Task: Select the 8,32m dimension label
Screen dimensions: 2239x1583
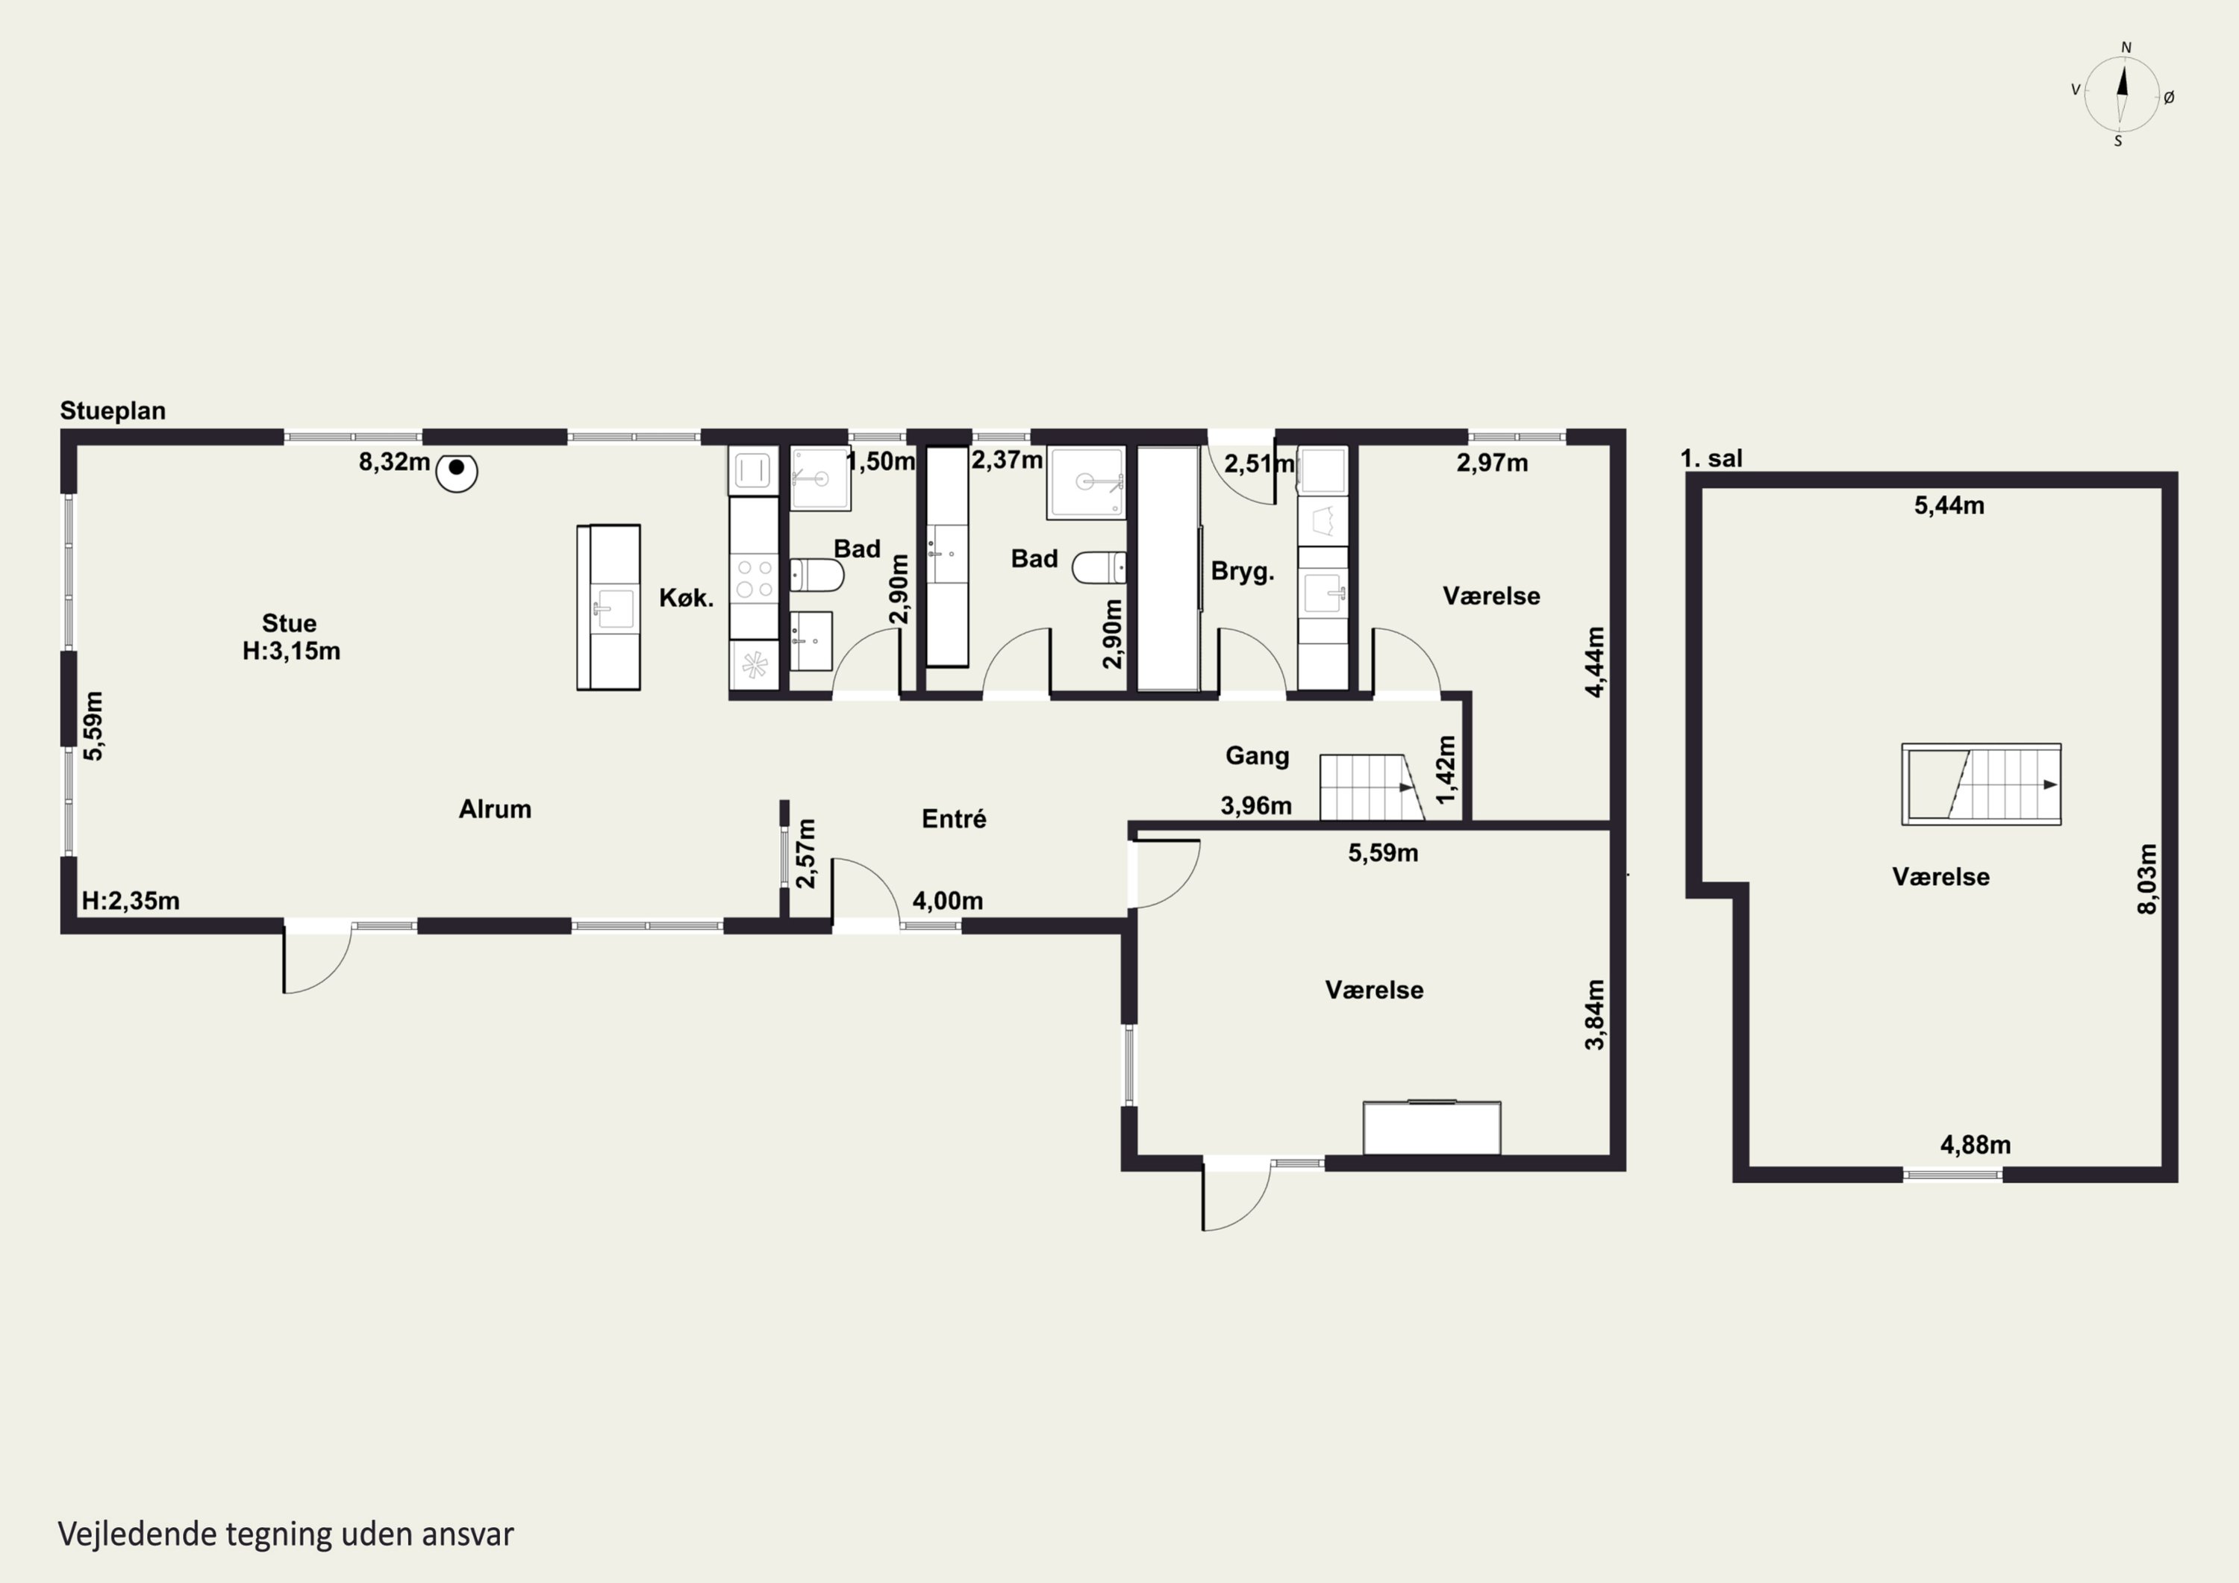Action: pos(394,462)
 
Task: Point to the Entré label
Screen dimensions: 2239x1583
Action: pos(954,819)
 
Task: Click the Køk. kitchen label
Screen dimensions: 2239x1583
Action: pos(687,598)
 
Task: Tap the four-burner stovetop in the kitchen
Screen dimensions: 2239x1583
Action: pos(754,578)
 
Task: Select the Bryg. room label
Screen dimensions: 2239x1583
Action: pos(1243,572)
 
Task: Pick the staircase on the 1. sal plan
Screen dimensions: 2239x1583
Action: pos(1981,784)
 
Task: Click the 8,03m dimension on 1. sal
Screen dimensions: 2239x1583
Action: pos(2147,878)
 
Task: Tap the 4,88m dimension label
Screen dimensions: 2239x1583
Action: pos(1975,1145)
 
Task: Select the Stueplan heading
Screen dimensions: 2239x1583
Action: pos(113,410)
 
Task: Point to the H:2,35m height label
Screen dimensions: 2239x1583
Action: pos(131,902)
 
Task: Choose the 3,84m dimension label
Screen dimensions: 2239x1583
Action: pos(1594,1014)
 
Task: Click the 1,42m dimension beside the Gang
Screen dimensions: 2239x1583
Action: pos(1446,769)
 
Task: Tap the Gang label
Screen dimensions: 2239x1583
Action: pos(1257,756)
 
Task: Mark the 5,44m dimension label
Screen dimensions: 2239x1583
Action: pos(1949,505)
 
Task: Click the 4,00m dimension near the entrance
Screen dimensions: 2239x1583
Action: pos(947,902)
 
